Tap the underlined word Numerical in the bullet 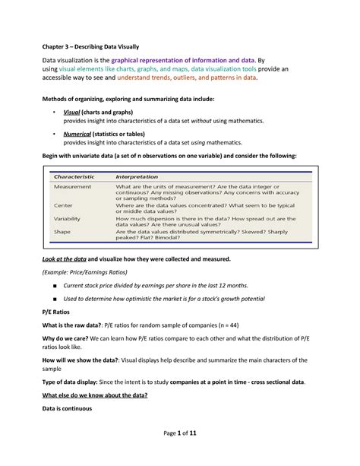tap(78, 132)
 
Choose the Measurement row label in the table tap(73, 186)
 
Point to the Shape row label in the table tap(63, 233)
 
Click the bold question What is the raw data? tap(79, 325)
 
